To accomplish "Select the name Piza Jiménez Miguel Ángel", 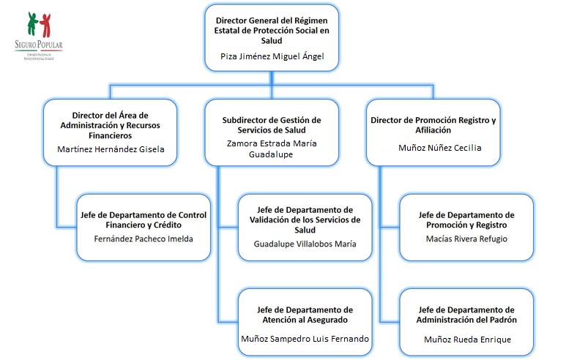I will [272, 56].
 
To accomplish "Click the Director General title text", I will [272, 29].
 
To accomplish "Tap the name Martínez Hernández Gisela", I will [111, 150].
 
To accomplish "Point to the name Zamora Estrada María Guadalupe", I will [272, 149].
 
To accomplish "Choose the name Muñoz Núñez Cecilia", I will [439, 147].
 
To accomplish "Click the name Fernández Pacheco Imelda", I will [143, 239].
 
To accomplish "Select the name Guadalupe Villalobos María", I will [305, 244].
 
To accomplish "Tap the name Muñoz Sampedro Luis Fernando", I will [305, 339].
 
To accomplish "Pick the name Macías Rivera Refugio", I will [466, 239].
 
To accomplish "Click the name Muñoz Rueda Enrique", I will [467, 339].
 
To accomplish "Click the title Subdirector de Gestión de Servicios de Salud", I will [272, 124].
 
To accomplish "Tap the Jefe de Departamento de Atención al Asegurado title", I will [305, 315].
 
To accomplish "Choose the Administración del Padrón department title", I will [466, 315].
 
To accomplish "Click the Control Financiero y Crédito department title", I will [143, 220].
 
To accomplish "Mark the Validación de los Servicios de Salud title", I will [305, 220].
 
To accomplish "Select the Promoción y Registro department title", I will [466, 220].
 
